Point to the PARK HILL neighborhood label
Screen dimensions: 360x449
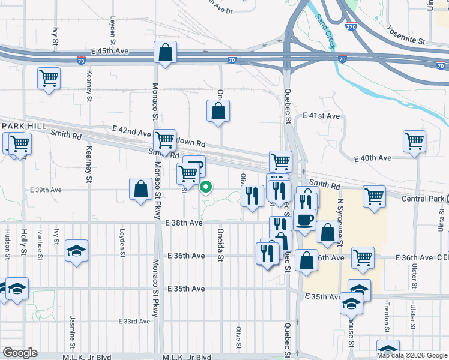22,125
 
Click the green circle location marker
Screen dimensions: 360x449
206,188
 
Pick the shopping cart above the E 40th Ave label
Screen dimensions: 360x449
414,142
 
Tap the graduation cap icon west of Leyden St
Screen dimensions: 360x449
77,251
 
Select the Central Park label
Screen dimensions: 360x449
427,199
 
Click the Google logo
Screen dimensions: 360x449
20,353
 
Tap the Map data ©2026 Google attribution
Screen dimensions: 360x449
411,355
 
